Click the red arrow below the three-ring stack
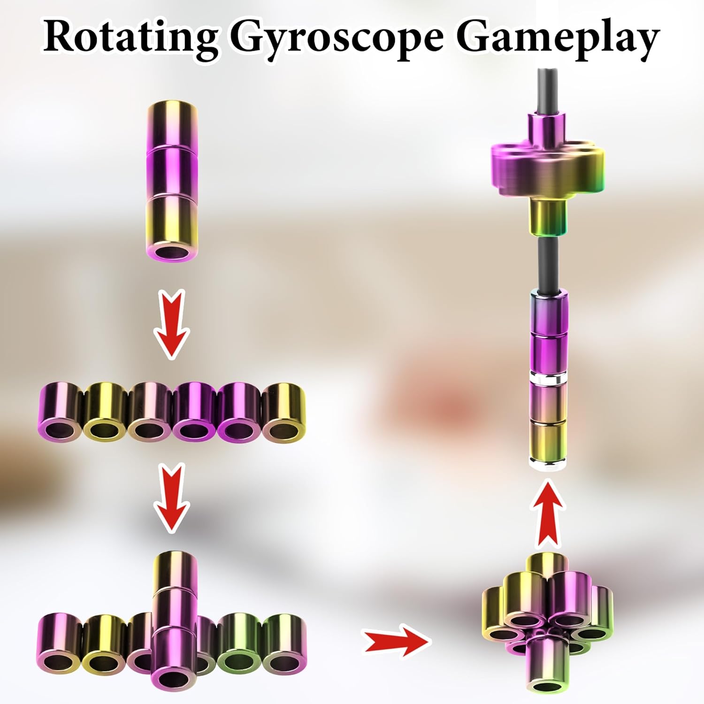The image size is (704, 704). [172, 324]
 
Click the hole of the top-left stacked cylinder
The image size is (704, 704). [171, 253]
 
